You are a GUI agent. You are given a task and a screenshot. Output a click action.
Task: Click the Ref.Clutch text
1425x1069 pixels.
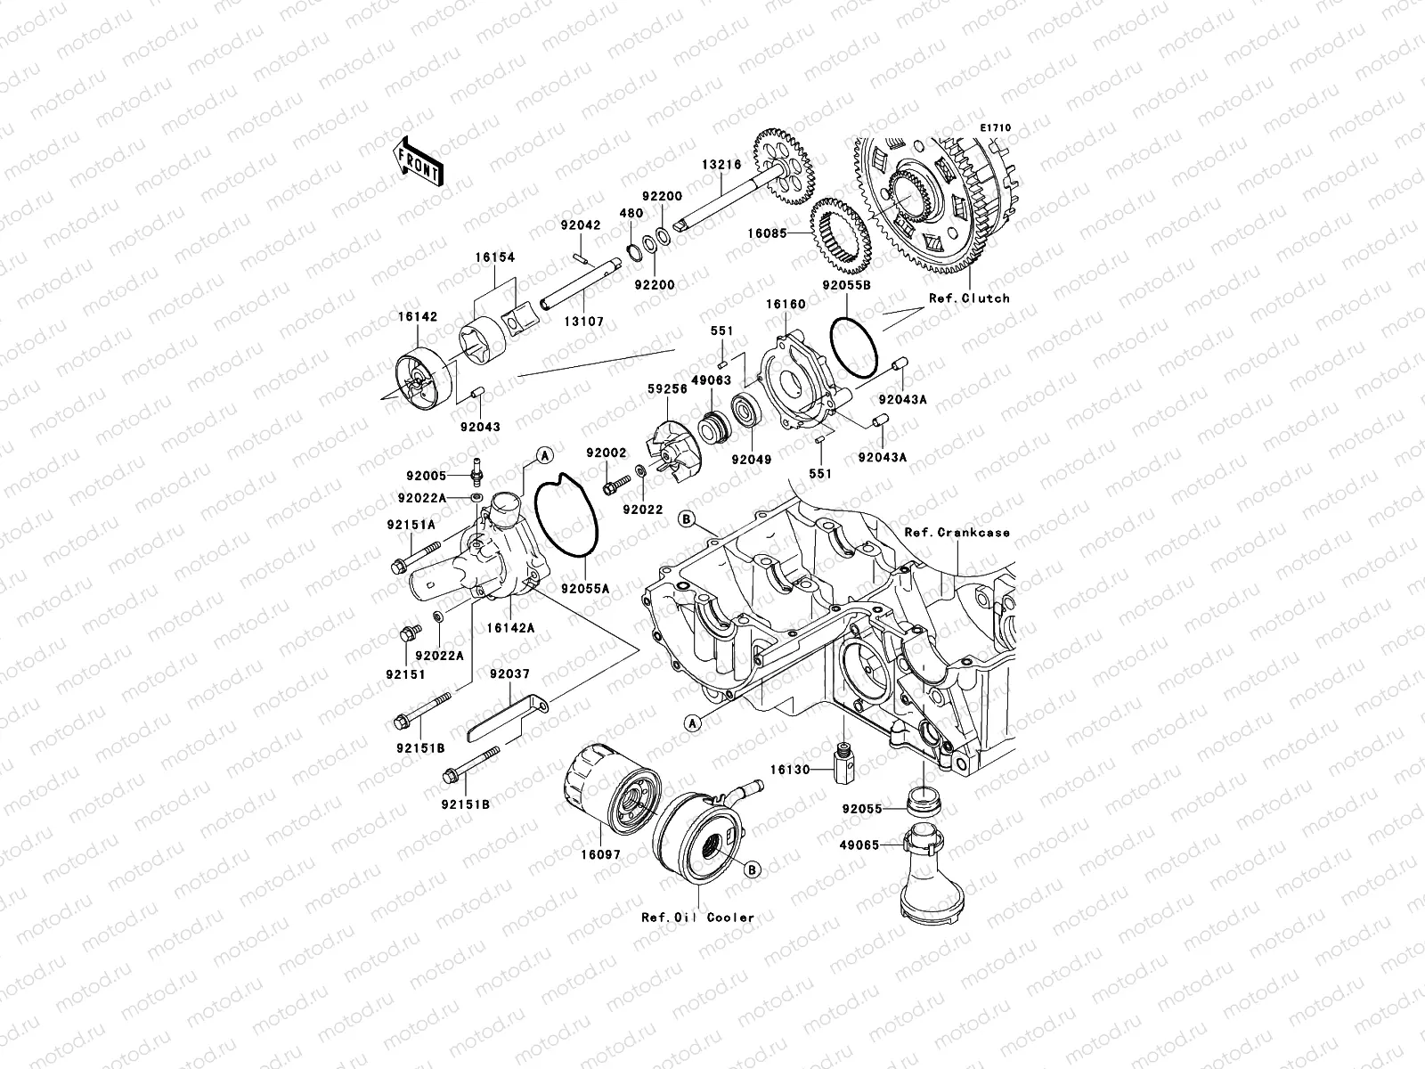pyautogui.click(x=969, y=298)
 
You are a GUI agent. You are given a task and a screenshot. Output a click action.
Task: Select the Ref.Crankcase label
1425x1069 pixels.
pyautogui.click(x=957, y=533)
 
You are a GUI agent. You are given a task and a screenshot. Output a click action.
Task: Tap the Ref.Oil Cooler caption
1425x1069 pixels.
pyautogui.click(x=697, y=917)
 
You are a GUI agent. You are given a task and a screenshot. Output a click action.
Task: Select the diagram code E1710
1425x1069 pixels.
pyautogui.click(x=996, y=128)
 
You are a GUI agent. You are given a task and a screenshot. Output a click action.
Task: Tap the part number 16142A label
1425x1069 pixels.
pyautogui.click(x=510, y=628)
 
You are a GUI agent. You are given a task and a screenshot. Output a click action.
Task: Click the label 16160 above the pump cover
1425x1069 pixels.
pyautogui.click(x=786, y=305)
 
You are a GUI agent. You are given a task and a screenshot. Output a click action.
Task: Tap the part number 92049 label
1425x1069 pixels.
pyautogui.click(x=751, y=460)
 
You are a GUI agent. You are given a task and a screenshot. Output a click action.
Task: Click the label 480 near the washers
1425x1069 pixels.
pyautogui.click(x=631, y=214)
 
